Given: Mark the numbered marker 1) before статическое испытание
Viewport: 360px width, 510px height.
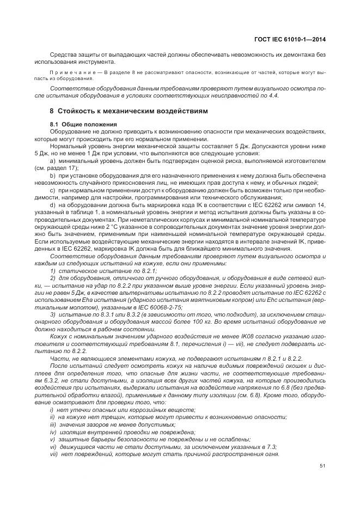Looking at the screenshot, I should coord(52,270).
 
